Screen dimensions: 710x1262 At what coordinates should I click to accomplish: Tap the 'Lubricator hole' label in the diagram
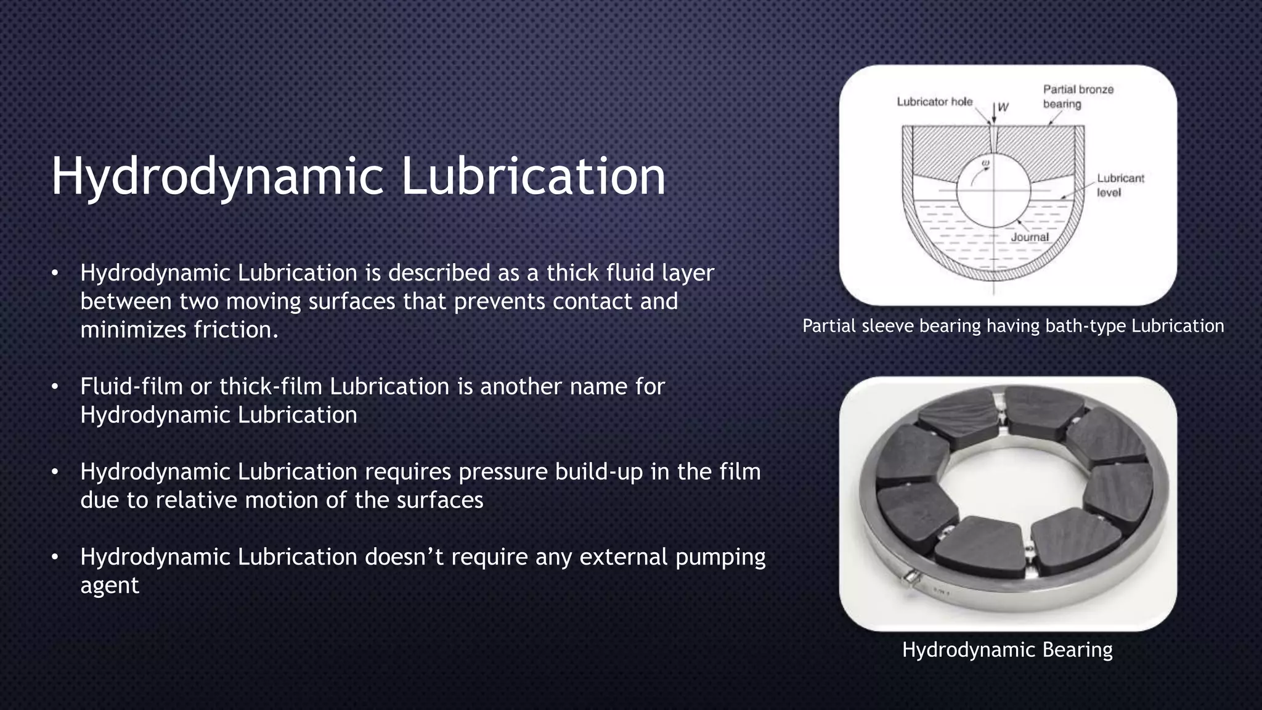(x=934, y=102)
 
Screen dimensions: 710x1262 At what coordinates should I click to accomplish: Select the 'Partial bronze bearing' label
(x=1078, y=97)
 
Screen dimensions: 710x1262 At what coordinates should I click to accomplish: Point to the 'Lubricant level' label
(x=1120, y=185)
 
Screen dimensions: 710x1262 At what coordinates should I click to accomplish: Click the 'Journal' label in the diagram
(x=1029, y=237)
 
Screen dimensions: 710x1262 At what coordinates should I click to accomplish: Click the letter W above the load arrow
(x=1003, y=107)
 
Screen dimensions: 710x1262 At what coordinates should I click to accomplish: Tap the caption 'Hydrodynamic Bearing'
(x=1007, y=650)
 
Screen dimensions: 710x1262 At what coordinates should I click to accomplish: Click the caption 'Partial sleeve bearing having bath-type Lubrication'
(x=1013, y=325)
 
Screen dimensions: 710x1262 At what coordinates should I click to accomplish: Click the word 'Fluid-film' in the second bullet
(x=131, y=386)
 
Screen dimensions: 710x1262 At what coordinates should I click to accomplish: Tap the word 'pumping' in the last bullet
(x=720, y=557)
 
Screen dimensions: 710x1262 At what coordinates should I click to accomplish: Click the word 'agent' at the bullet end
(x=110, y=585)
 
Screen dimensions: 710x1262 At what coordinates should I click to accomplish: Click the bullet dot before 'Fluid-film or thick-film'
(x=55, y=387)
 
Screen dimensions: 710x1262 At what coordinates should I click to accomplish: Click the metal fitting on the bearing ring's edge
(x=910, y=580)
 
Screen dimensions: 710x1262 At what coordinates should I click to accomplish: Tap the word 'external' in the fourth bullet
(x=624, y=557)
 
